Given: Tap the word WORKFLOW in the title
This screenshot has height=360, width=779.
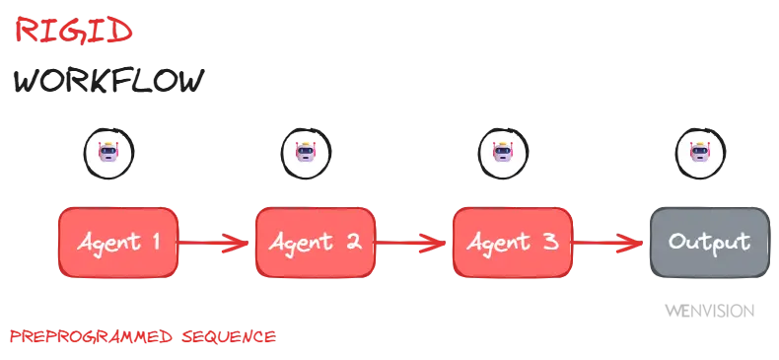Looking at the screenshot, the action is (x=108, y=83).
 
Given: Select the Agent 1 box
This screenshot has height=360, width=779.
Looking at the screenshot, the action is (x=118, y=242).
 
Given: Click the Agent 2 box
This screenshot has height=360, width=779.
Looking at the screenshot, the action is (x=316, y=242).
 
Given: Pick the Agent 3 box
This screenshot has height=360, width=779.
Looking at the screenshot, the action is (x=512, y=242).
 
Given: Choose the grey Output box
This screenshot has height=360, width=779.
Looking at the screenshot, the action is (x=709, y=242).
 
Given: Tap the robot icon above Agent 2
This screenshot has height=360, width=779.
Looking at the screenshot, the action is (x=306, y=153).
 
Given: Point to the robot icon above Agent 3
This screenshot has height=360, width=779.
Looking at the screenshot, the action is (x=503, y=153).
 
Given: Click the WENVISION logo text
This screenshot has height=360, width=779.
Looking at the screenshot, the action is (x=709, y=311).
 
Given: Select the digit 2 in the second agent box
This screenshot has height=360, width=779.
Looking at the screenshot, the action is (x=352, y=242).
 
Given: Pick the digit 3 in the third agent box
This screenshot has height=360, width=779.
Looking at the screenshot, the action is (x=550, y=242).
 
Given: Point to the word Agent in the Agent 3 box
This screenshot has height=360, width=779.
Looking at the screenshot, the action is (x=500, y=243).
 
